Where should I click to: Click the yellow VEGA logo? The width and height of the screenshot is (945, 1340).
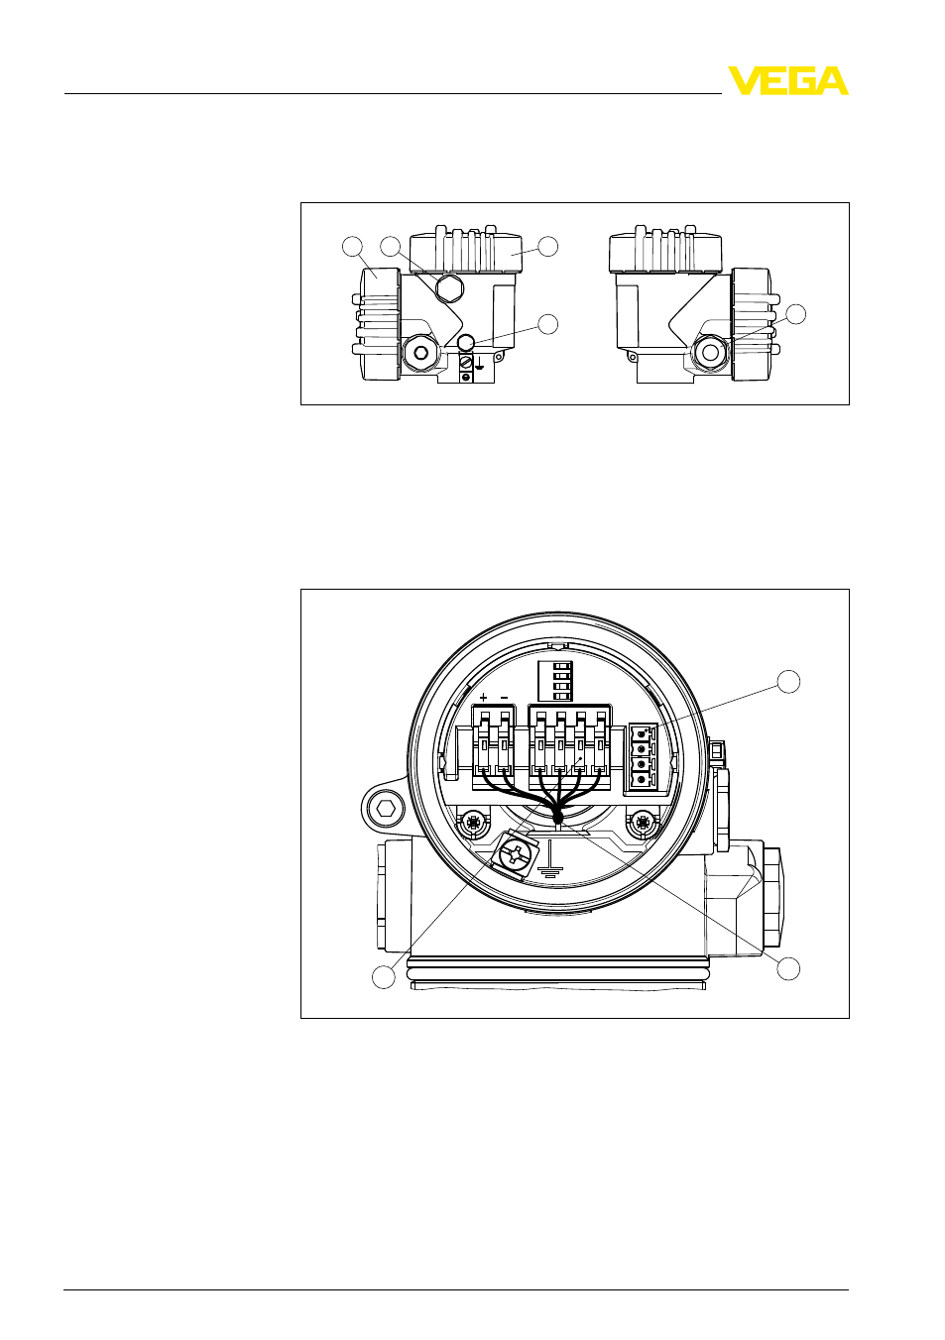point(787,80)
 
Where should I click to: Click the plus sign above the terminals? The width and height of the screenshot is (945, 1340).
point(484,698)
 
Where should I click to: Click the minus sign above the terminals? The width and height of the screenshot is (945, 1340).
point(504,698)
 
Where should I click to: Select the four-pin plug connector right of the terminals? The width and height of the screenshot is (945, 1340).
point(643,756)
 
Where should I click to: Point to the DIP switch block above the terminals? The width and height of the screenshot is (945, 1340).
point(556,681)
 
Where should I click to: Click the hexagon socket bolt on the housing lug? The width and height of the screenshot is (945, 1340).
point(383,811)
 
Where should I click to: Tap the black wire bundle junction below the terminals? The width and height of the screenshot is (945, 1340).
point(558,815)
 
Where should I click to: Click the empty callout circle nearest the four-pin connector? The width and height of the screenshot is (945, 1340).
point(788,681)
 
